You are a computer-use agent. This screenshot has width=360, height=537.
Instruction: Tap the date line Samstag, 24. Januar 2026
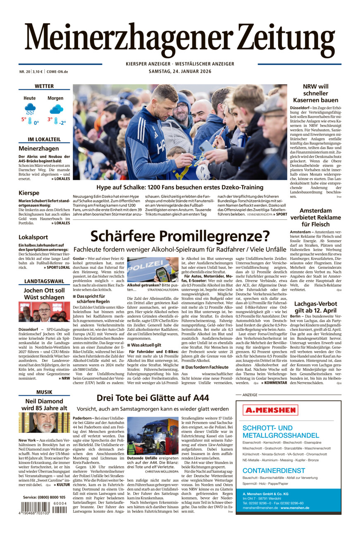point(180,71)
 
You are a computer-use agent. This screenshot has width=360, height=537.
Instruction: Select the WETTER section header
point(44,86)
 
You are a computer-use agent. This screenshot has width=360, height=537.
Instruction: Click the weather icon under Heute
point(30,109)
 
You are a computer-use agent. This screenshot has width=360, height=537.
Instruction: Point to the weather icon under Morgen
point(56,109)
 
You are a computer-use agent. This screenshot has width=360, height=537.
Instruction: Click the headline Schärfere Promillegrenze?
point(180,236)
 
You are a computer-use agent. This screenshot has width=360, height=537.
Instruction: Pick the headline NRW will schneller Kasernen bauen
point(315,93)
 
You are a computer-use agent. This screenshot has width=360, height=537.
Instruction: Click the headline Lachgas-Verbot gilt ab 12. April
point(315,307)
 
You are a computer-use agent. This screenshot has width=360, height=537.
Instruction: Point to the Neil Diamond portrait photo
point(44,423)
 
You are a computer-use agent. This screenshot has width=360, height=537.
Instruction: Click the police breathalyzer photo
point(153,269)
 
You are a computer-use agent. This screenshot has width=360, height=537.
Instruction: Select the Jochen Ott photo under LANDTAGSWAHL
point(44,312)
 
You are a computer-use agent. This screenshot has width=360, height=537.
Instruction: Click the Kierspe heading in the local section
point(29,193)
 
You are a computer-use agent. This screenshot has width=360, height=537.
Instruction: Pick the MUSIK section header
point(44,392)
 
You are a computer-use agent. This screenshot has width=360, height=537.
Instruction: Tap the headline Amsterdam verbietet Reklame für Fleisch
point(315,217)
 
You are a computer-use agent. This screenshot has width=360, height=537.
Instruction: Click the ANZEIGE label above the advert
point(250,395)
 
